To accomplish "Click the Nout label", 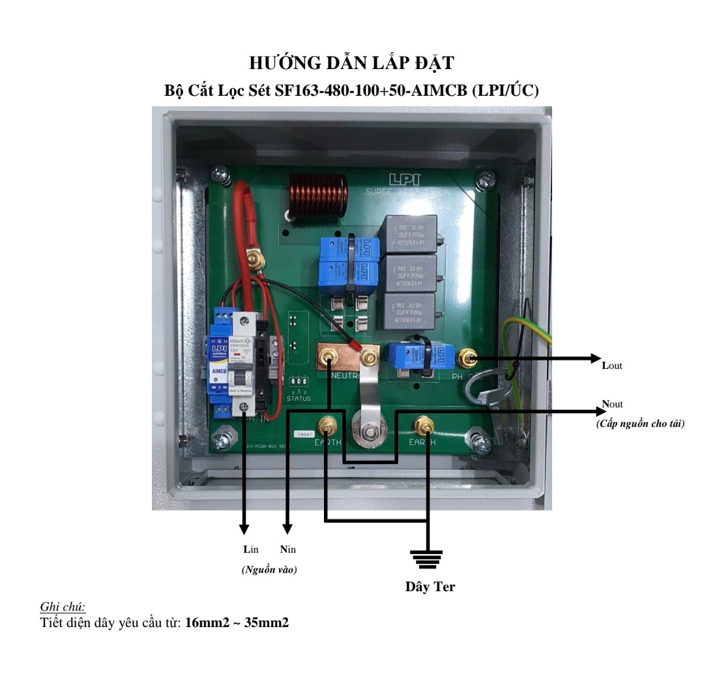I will click(x=613, y=405).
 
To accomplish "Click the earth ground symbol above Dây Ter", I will click(x=426, y=558).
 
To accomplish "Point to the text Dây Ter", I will click(x=430, y=587).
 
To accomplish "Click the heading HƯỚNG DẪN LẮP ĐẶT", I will click(x=352, y=65).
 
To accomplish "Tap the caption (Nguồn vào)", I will click(x=269, y=569).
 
